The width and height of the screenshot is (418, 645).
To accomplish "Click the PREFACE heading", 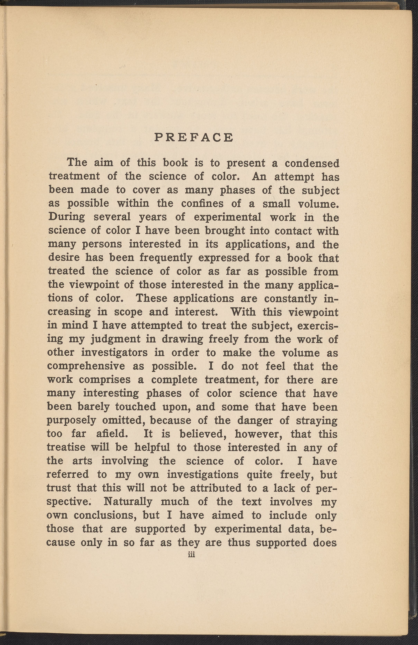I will click(x=194, y=138).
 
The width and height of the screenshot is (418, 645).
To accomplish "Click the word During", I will click(x=67, y=217).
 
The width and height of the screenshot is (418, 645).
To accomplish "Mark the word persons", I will click(x=102, y=244).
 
